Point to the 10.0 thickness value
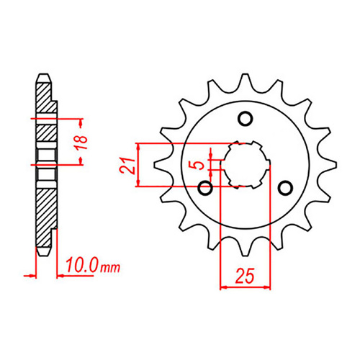click(x=81, y=268)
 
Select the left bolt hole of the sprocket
click(x=205, y=189)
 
